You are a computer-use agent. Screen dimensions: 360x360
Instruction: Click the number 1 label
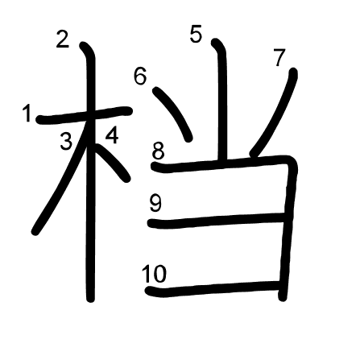coord(27,114)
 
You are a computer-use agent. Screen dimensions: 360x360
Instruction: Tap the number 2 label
coord(63,39)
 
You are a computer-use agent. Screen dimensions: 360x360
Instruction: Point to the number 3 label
coord(66,142)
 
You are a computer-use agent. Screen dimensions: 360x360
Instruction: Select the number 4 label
coord(112,135)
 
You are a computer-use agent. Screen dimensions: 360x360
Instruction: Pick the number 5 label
coord(196,34)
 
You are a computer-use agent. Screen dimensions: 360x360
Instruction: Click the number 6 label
coord(140,76)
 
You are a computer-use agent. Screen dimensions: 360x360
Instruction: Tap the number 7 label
coord(279,57)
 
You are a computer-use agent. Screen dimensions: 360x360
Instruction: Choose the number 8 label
coord(158,151)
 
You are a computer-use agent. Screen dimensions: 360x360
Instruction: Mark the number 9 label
coord(155,203)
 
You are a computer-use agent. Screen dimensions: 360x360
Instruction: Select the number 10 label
coord(154,273)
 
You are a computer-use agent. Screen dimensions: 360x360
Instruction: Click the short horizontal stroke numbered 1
coord(84,115)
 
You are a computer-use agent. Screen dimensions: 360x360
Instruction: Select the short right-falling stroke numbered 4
coord(111,161)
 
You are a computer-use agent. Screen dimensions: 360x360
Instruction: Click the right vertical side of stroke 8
coord(288,228)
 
